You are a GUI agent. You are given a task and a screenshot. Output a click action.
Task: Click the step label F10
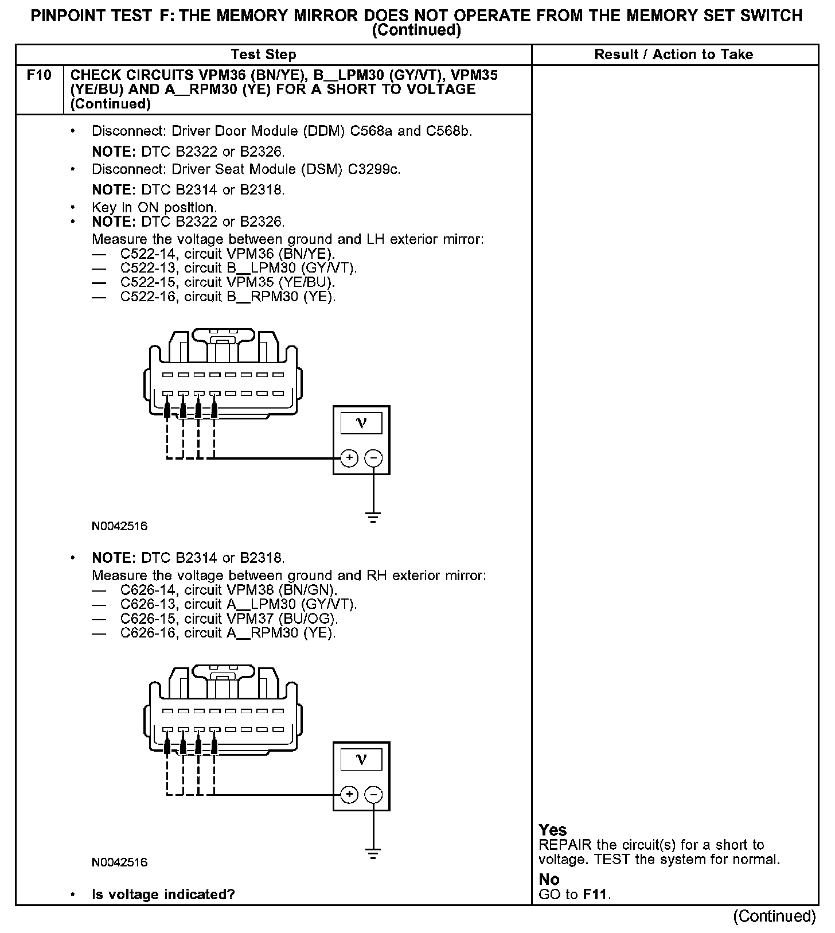pyautogui.click(x=38, y=75)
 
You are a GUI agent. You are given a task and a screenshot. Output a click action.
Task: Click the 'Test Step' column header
pyautogui.click(x=263, y=55)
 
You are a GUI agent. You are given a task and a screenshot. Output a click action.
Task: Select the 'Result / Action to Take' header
pyautogui.click(x=674, y=55)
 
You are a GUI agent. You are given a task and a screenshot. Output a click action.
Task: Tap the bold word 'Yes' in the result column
pyautogui.click(x=553, y=830)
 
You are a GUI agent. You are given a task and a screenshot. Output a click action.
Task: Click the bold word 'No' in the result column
pyautogui.click(x=549, y=879)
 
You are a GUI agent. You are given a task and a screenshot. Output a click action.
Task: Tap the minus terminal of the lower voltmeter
pyautogui.click(x=373, y=794)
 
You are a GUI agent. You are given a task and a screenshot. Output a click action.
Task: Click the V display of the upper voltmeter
pyautogui.click(x=361, y=423)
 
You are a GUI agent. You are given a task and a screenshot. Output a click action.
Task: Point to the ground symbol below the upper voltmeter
pyautogui.click(x=373, y=517)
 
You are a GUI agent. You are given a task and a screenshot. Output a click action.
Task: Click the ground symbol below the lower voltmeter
pyautogui.click(x=373, y=853)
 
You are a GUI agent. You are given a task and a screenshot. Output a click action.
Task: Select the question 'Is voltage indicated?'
pyautogui.click(x=163, y=895)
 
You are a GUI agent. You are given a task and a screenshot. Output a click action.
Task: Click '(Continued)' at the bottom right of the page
pyautogui.click(x=774, y=916)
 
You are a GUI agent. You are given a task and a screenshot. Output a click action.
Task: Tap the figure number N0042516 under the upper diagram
pyautogui.click(x=119, y=526)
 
